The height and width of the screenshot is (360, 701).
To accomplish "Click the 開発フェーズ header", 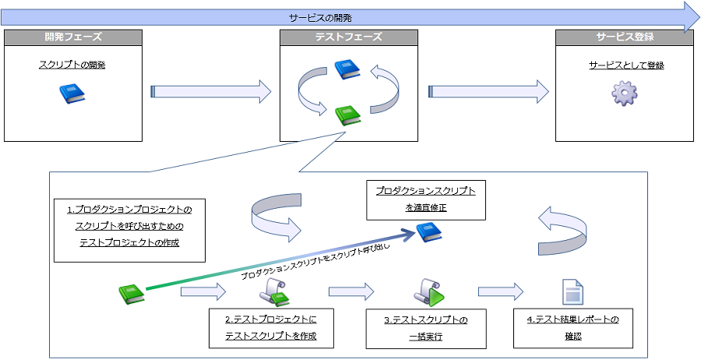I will click(73, 37).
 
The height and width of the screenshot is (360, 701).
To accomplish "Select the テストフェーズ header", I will click(348, 37).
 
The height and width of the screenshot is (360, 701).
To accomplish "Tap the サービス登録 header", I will click(624, 37).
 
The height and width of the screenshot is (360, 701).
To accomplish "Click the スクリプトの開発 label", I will click(72, 65).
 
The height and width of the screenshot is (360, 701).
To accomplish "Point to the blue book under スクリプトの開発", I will click(72, 94).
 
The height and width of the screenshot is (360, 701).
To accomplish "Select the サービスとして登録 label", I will click(626, 65).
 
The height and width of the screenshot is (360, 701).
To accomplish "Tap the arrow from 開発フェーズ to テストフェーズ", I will click(210, 92).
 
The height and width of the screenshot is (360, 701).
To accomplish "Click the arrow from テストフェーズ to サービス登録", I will click(488, 92).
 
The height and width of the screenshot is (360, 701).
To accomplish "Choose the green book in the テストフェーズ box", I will click(347, 115).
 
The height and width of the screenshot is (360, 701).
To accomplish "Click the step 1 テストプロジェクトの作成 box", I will click(129, 227).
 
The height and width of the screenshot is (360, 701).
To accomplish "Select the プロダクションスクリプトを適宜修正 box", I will click(425, 199).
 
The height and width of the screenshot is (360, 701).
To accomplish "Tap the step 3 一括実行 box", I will click(426, 328).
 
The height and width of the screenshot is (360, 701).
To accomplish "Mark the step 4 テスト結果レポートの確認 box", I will click(572, 328).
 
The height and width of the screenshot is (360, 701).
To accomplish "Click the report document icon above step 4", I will click(572, 292).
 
